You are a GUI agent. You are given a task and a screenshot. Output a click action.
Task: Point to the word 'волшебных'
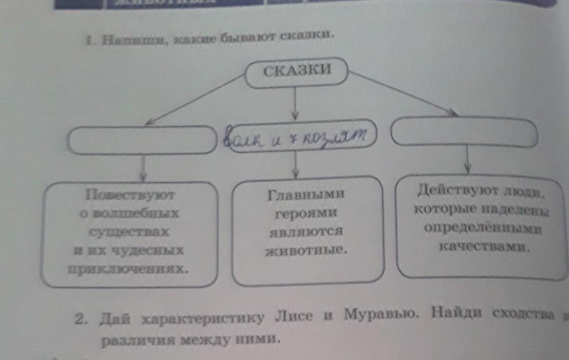(x=130, y=214)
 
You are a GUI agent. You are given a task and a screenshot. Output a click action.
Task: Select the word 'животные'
(x=306, y=250)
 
